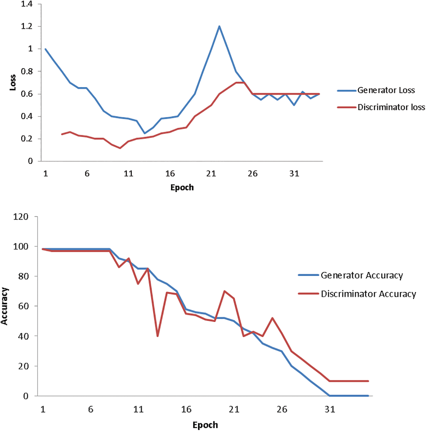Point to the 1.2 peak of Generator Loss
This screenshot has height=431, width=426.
(x=219, y=26)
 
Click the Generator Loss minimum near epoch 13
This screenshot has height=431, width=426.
(x=145, y=133)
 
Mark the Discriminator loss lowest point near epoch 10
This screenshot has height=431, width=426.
(x=120, y=148)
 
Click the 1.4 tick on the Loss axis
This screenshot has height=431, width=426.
(x=27, y=4)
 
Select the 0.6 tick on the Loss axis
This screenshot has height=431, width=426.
(x=27, y=94)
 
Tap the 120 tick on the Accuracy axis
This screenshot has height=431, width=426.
(x=21, y=217)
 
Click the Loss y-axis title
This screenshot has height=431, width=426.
(x=13, y=83)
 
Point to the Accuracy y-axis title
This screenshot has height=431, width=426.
(x=4, y=306)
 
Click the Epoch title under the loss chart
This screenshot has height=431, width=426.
(x=182, y=187)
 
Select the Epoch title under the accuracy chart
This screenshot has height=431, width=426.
(x=205, y=425)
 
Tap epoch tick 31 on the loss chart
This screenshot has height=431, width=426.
(x=294, y=173)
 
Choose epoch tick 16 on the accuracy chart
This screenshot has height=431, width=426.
(x=186, y=409)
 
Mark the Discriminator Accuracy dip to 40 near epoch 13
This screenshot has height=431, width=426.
(x=158, y=336)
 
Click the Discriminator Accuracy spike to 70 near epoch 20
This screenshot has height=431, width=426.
(x=225, y=291)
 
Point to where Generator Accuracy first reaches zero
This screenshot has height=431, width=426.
(x=330, y=396)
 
